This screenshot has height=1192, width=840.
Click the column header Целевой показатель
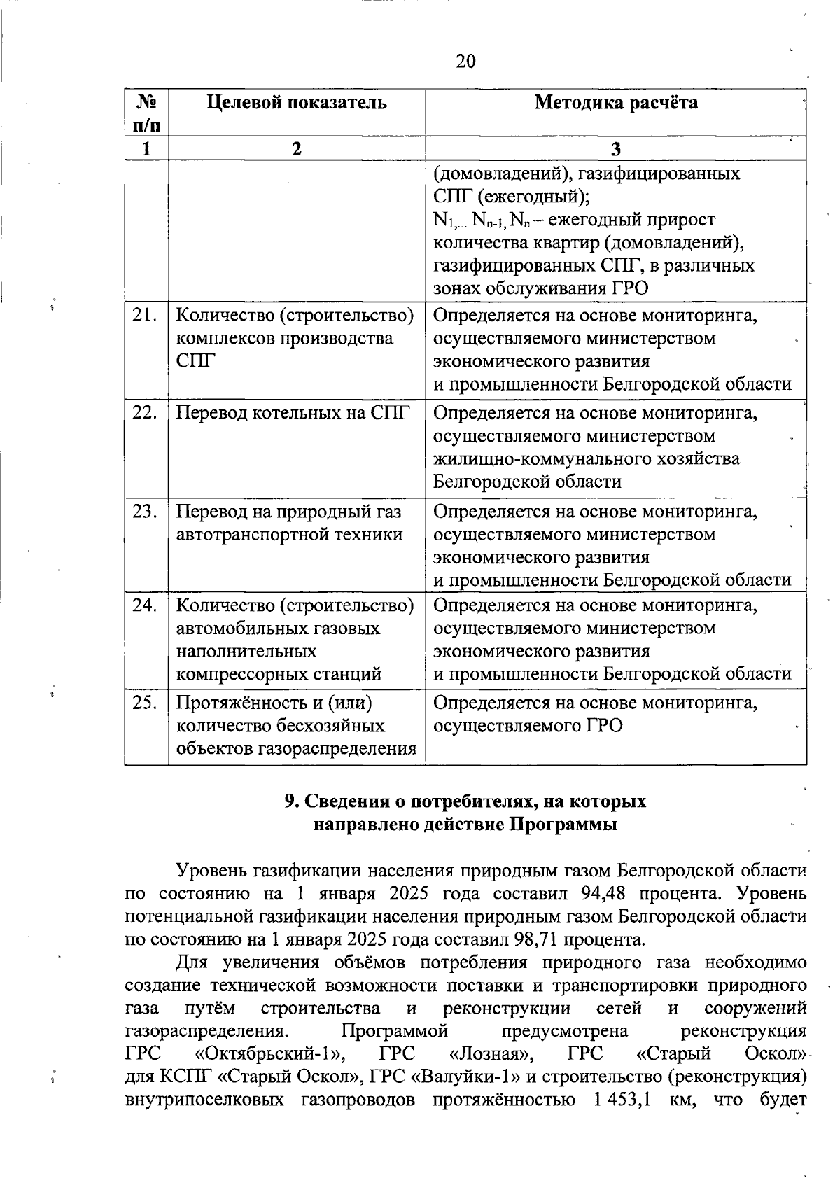[297, 103]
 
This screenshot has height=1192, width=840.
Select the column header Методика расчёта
[616, 103]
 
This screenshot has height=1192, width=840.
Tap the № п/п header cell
[147, 114]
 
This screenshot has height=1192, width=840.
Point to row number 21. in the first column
[144, 316]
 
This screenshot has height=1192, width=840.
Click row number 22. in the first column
[144, 413]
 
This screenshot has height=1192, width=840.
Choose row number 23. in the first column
[144, 512]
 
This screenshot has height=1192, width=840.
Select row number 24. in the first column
[144, 605]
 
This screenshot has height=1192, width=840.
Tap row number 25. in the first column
[144, 702]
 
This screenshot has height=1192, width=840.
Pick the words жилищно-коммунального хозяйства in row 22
[586, 459]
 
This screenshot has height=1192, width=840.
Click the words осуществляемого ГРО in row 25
[528, 726]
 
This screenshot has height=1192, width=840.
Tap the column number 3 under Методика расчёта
[616, 148]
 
